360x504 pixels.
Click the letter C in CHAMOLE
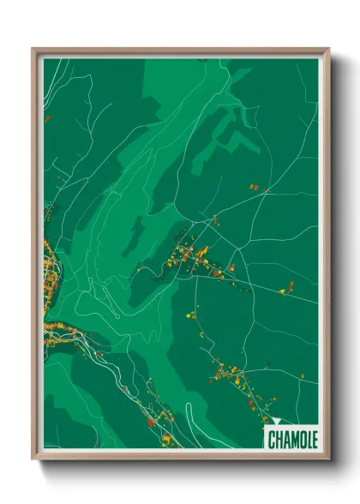(271, 441)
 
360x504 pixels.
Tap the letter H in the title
(279, 441)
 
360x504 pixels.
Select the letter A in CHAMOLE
(286, 441)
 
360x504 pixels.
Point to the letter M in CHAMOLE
(294, 441)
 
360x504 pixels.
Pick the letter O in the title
(302, 441)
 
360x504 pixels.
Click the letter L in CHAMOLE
(309, 441)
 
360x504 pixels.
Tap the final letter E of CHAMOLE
(315, 441)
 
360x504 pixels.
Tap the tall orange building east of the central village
(283, 291)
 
